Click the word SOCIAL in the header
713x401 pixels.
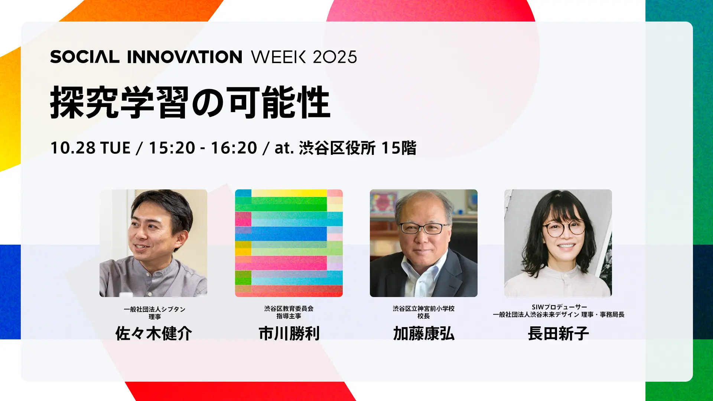click(85, 57)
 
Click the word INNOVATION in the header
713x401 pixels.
click(185, 57)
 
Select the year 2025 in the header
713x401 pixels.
click(335, 57)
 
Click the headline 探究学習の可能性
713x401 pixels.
click(190, 102)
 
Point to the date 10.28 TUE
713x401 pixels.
click(90, 148)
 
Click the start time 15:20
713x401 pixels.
click(172, 148)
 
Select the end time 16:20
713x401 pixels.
click(234, 148)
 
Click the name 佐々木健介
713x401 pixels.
click(153, 333)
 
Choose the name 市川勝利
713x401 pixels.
click(289, 333)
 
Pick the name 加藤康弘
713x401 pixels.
click(424, 333)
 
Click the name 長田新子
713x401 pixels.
click(558, 333)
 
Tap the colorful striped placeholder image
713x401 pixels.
click(289, 243)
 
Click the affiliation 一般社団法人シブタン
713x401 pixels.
click(154, 309)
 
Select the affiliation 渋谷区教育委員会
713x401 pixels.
click(289, 309)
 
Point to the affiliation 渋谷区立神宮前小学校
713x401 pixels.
click(424, 309)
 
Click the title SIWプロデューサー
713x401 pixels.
click(559, 307)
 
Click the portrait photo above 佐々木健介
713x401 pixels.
click(153, 243)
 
